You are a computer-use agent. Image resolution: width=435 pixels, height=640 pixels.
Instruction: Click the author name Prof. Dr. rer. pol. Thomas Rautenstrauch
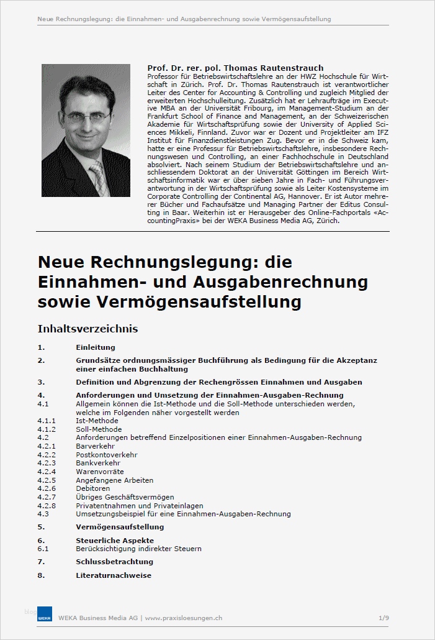click(235, 68)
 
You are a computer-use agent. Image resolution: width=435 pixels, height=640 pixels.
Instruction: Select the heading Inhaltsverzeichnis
click(87, 328)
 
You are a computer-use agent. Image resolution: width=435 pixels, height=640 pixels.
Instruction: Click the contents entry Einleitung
click(96, 347)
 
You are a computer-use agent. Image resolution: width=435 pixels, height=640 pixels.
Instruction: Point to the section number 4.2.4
click(47, 472)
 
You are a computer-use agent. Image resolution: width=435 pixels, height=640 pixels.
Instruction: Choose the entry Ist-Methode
click(97, 421)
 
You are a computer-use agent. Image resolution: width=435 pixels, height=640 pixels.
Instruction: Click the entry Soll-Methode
click(98, 429)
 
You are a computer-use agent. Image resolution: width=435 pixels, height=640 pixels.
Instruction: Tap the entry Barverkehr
click(96, 446)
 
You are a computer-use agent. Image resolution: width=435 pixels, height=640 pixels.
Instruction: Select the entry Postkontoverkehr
click(107, 455)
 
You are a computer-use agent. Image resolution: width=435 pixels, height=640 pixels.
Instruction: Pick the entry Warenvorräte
click(100, 472)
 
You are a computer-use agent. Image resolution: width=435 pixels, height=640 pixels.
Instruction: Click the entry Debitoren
click(94, 488)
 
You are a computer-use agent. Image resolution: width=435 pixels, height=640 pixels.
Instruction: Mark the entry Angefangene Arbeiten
click(115, 480)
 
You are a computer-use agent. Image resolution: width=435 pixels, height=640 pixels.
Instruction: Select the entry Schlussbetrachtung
click(115, 562)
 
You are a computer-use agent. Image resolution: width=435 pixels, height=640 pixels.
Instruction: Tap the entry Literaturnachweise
click(114, 575)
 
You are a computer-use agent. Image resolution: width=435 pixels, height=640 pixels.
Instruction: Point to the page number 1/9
click(383, 618)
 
